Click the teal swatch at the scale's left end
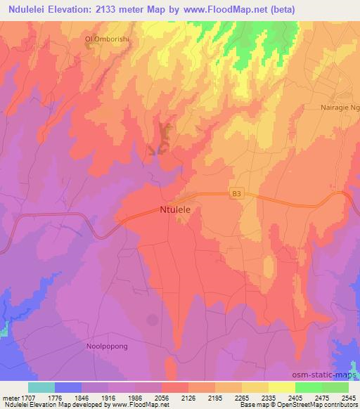click(41, 387)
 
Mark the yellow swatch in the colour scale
click(282, 387)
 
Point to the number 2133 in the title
click(106, 8)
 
